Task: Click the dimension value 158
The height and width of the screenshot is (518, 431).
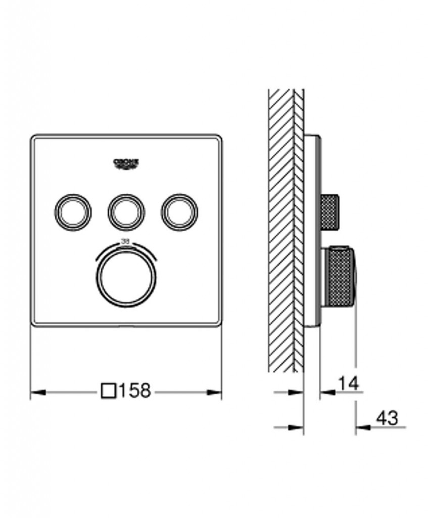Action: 135,391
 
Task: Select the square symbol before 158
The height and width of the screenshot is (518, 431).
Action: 109,391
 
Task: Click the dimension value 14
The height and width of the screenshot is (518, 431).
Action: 348,383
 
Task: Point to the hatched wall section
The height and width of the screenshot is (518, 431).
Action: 281,228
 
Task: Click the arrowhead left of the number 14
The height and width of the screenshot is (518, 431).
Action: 326,392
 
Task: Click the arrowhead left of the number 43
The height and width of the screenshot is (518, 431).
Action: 362,427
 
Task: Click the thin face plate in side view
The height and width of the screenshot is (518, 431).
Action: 311,228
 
